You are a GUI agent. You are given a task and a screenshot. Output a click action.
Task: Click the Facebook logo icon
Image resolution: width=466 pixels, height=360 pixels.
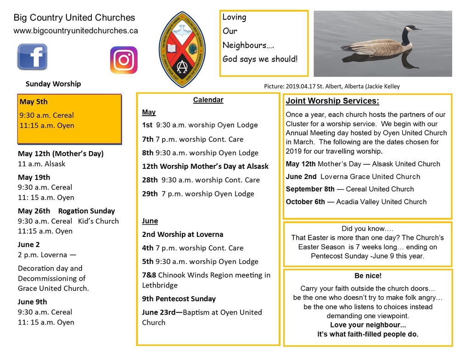32,56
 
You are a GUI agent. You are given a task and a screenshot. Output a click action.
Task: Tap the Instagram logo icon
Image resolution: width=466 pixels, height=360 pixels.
124,60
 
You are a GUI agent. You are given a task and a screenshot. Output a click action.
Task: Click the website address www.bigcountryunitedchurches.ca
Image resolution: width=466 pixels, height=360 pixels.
76,31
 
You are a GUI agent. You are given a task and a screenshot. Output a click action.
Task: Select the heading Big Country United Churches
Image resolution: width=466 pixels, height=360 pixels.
74,18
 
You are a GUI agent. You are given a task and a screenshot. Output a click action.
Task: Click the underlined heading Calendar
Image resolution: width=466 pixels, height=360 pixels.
208,100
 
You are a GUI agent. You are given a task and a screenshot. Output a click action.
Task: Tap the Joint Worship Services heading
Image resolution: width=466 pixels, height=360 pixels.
332,101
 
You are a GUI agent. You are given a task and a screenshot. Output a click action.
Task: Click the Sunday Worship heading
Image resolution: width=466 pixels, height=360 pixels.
53,84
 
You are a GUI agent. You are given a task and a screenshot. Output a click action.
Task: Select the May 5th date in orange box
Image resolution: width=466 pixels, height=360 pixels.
34,102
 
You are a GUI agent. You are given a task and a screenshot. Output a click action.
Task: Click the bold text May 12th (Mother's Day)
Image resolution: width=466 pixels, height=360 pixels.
61,153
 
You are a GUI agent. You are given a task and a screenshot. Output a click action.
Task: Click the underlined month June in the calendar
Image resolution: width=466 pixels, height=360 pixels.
150,221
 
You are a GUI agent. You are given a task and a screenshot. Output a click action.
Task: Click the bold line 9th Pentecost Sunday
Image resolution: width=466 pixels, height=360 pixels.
179,299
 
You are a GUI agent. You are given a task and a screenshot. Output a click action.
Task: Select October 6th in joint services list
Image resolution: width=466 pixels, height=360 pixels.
305,202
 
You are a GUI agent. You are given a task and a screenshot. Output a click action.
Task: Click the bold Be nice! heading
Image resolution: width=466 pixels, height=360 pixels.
368,276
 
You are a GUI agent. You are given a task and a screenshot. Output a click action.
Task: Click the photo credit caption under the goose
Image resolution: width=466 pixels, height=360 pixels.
331,86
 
